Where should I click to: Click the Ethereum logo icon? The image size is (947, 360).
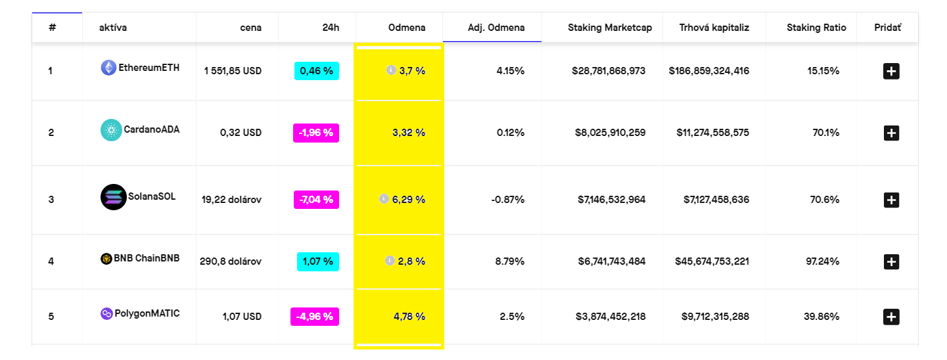(x=108, y=68)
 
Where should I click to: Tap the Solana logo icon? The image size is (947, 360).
(x=113, y=197)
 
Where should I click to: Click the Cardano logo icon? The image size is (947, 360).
(x=111, y=130)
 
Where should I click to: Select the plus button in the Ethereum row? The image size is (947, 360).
(x=890, y=71)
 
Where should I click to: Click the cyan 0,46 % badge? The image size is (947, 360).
(x=317, y=70)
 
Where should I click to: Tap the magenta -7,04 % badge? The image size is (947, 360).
(x=316, y=199)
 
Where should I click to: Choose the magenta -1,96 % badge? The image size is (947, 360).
(x=316, y=133)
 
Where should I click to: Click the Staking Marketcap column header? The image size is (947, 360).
(x=610, y=28)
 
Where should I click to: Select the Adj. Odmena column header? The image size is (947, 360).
(x=496, y=28)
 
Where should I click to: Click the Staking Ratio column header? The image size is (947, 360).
(x=816, y=28)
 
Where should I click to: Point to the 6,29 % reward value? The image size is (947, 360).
(x=409, y=199)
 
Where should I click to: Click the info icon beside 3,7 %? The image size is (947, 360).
(x=391, y=70)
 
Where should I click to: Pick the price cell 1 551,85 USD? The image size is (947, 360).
(x=233, y=70)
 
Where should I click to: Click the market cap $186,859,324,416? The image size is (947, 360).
(x=709, y=70)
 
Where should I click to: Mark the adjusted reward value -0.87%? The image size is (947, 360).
(x=507, y=199)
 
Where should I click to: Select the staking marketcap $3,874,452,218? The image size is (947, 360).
(x=611, y=317)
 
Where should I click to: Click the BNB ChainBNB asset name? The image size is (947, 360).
(x=147, y=258)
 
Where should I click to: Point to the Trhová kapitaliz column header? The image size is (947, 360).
(x=714, y=28)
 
